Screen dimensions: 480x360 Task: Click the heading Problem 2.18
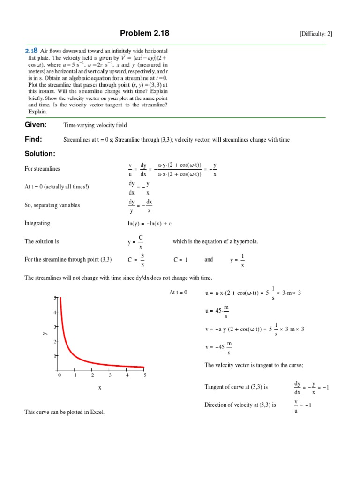tap(144, 33)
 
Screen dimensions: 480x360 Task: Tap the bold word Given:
tap(36, 125)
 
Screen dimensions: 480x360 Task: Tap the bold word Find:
tap(33, 139)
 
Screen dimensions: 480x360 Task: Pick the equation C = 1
tap(180, 259)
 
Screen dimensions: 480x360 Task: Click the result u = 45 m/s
tap(217, 311)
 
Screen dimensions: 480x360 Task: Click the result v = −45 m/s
tap(218, 347)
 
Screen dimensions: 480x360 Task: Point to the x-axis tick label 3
tap(110, 375)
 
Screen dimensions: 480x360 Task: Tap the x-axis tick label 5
tap(145, 375)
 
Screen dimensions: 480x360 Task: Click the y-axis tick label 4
tap(55, 312)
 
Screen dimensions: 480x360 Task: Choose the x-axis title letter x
tap(100, 388)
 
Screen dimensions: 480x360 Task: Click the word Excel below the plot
tap(96, 412)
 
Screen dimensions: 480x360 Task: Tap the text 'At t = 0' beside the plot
tap(178, 292)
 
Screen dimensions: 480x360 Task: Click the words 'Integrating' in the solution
tap(37, 223)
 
